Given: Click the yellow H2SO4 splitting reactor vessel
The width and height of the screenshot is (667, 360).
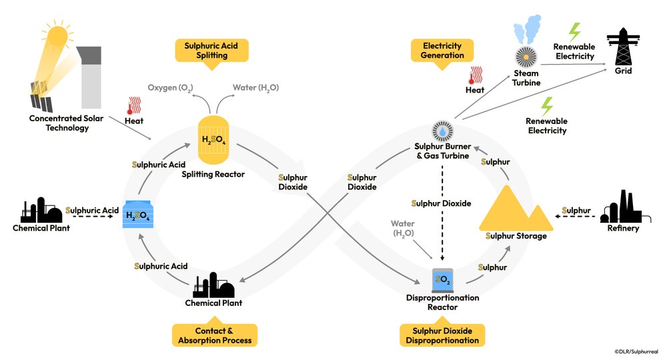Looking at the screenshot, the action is point(213,140).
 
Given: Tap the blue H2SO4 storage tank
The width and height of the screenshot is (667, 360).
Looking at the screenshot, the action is point(138,215).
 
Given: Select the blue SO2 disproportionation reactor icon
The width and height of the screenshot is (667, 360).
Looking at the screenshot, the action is point(442,280).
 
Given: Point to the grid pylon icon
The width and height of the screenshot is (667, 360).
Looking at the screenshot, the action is point(623,46).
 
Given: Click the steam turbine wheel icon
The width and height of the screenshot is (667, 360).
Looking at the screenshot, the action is point(526,57).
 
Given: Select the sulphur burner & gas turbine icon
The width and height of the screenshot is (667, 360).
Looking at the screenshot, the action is point(443,131).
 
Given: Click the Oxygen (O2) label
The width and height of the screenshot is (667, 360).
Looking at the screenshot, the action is point(170,88).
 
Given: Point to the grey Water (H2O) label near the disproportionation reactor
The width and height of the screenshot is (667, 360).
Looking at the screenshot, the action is point(402,228).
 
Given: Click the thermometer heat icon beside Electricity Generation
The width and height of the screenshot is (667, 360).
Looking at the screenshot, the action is point(475,75).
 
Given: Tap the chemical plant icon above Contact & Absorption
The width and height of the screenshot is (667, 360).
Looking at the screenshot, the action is point(213,285).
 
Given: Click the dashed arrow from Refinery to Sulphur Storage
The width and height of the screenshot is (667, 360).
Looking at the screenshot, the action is point(576,217).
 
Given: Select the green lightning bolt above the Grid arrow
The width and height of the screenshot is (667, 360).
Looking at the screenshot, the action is point(574,32).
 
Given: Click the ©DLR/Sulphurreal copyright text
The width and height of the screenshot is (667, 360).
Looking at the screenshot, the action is point(636,351).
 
